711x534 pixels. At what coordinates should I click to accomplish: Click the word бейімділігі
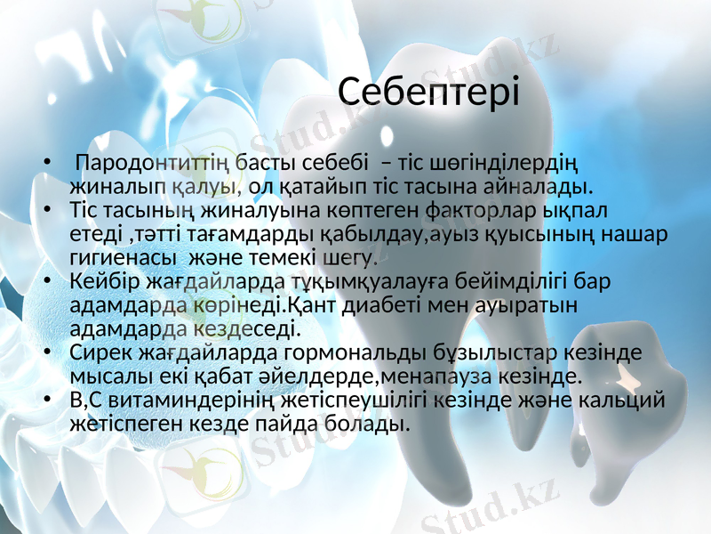515,283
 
